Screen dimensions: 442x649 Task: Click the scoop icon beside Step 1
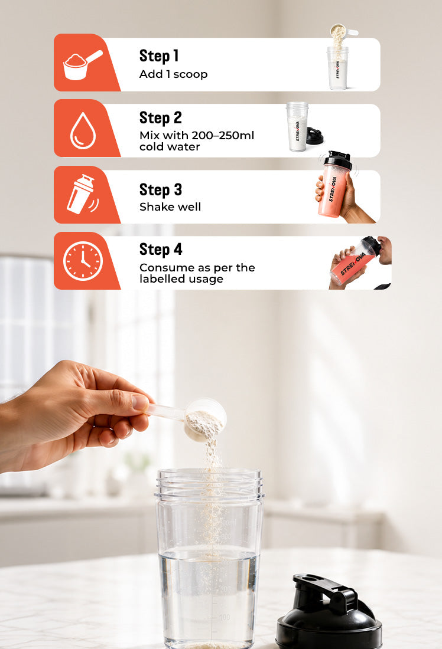coord(82,65)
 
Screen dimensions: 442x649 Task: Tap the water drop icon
coord(83,130)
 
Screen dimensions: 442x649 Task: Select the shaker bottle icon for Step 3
coord(82,194)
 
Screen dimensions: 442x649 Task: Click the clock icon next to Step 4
coord(83,261)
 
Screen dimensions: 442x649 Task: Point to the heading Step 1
coord(159,56)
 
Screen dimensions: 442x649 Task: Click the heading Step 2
coord(161,118)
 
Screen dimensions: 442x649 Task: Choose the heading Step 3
coord(161,190)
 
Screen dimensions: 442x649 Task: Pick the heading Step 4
coord(161,250)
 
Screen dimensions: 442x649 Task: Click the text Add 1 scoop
coord(173,74)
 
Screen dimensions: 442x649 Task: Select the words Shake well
coord(170,206)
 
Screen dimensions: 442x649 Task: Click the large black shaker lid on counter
coord(329,612)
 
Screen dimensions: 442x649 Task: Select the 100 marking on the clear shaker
coord(225,617)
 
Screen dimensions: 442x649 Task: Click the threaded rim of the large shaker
coord(209,483)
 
